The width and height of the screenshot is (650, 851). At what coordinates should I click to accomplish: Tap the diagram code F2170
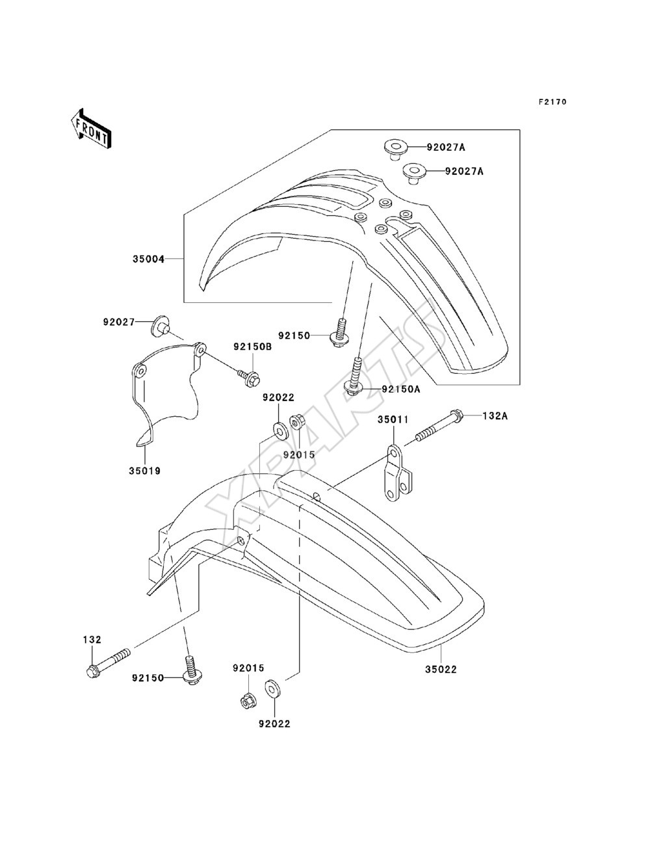(552, 101)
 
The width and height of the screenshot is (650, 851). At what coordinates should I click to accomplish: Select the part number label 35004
(148, 259)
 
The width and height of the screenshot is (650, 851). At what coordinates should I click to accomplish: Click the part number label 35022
(441, 669)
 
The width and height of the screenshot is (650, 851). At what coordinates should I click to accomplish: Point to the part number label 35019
(144, 471)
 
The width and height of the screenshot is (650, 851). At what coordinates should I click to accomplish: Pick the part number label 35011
(394, 419)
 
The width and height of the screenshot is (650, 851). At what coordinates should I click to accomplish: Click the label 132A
(495, 416)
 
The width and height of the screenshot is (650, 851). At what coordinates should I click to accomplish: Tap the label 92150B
(252, 347)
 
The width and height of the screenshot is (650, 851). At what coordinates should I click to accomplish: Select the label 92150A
(401, 389)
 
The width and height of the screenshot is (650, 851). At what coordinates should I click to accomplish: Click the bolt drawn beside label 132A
(438, 426)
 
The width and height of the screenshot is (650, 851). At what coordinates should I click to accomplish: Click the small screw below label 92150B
(248, 376)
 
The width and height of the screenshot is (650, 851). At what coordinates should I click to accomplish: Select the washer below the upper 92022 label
(280, 432)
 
